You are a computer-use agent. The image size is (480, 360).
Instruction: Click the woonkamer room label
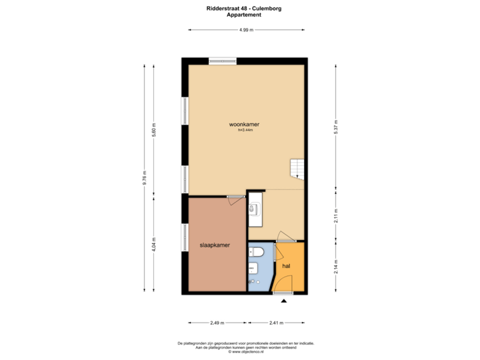(244, 125)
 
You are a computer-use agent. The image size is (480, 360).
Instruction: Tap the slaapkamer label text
(215, 245)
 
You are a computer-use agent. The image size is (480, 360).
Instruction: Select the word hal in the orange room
(287, 265)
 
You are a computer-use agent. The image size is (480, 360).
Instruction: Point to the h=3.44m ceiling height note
(245, 131)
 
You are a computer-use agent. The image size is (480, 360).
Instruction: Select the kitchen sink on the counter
(253, 209)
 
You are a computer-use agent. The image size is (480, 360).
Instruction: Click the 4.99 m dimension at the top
(246, 30)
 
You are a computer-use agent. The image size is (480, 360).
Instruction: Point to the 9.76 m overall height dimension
(145, 177)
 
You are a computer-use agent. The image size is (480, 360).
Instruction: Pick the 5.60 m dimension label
(155, 129)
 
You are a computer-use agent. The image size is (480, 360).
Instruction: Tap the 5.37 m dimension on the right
(336, 127)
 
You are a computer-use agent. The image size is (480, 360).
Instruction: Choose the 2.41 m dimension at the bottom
(276, 323)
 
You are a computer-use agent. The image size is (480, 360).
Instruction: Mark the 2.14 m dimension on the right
(336, 267)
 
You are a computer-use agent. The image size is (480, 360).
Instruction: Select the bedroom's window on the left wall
(185, 237)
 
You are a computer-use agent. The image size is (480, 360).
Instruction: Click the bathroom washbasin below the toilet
(253, 269)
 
